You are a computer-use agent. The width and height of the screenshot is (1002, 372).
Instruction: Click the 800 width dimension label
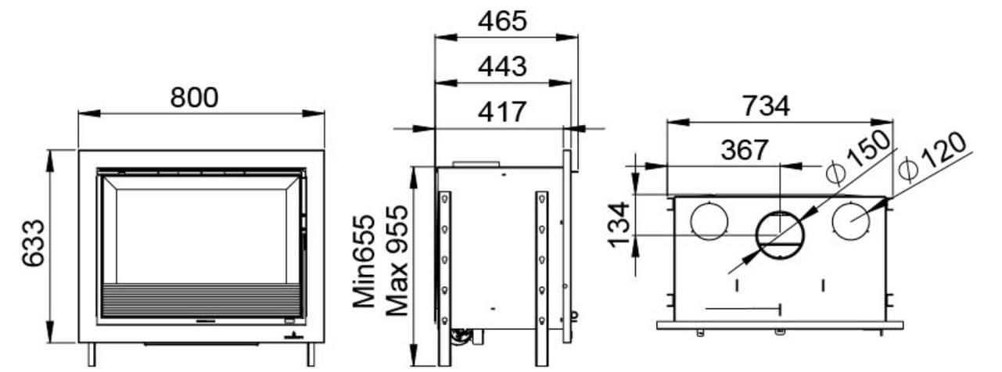tap(194, 97)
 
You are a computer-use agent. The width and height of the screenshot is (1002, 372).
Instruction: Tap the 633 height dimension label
tap(34, 243)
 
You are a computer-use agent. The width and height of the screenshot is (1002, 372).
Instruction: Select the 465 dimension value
tap(502, 21)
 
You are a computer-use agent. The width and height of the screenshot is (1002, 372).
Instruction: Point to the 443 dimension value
tap(502, 66)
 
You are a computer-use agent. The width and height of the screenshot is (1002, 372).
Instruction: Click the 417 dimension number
tap(501, 112)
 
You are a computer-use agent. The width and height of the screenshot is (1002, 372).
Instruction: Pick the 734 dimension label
tap(766, 106)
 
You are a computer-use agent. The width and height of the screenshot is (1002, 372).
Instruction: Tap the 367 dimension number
tap(745, 150)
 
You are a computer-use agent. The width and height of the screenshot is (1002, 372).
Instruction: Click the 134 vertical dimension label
tap(619, 224)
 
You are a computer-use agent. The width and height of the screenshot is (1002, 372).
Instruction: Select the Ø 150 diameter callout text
tap(857, 156)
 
